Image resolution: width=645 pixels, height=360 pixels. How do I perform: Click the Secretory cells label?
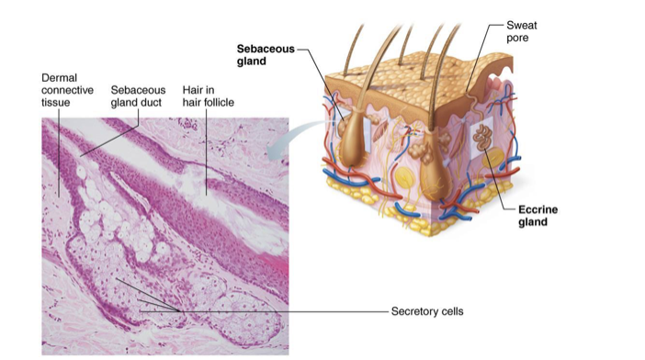coord(428,311)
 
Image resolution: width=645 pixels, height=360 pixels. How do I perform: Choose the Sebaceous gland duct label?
coord(138,96)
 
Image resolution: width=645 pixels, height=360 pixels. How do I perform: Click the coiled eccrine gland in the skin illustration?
coord(482,141)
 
